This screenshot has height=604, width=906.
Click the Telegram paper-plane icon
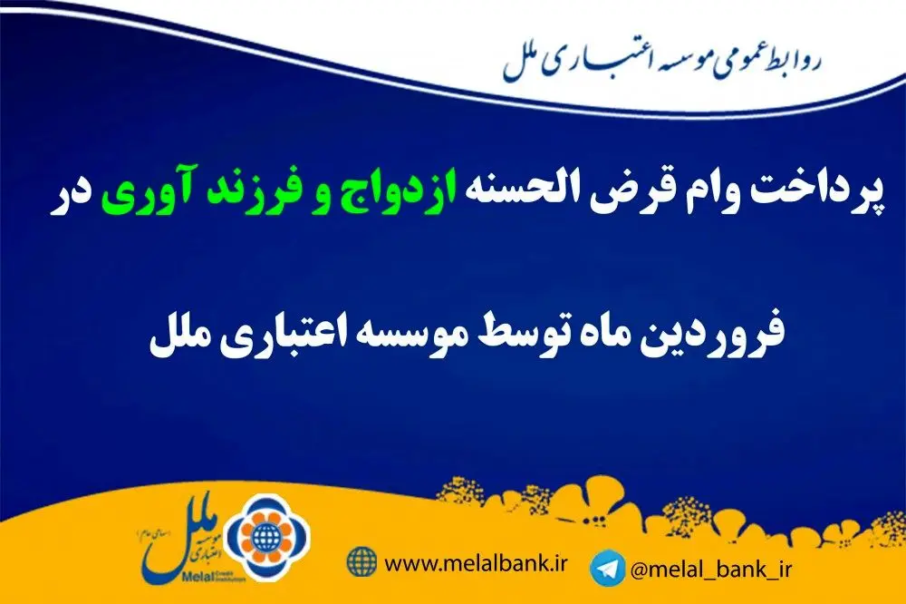pos(607,568)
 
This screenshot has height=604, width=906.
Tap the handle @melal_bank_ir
pos(710,570)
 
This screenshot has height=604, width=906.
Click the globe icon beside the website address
pos(362,561)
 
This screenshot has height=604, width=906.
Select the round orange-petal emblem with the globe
pos(266,539)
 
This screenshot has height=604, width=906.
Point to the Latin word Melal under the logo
pos(192,576)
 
